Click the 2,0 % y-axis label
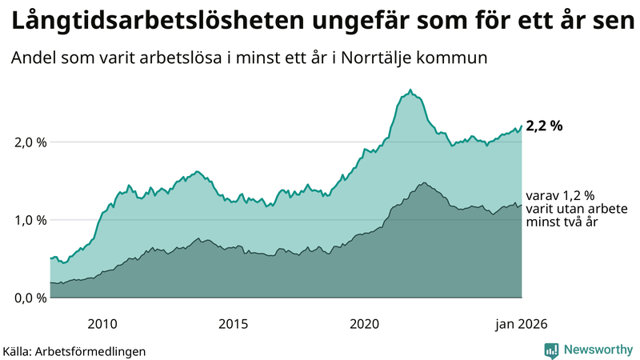click(x=27, y=142)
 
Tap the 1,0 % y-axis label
click(x=27, y=220)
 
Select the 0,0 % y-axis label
click(x=27, y=298)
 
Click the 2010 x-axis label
click(x=102, y=324)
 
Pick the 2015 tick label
click(x=233, y=324)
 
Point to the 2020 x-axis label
click(x=364, y=324)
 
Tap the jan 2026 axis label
click(x=522, y=324)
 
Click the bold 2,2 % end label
click(x=545, y=126)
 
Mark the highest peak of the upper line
click(x=410, y=90)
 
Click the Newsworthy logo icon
click(x=551, y=350)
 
